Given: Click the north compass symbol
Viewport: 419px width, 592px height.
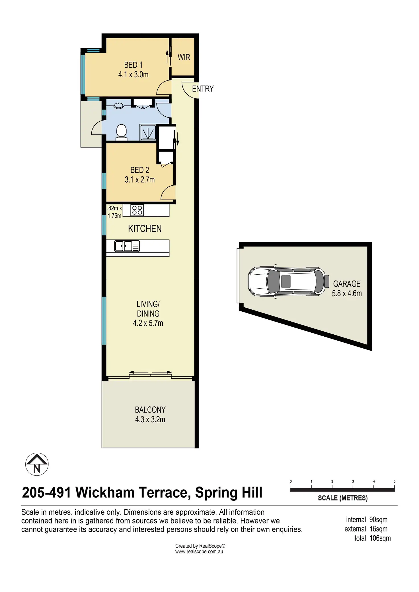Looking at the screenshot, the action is tap(37, 464).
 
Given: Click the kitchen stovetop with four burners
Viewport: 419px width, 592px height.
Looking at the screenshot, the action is tap(137, 210).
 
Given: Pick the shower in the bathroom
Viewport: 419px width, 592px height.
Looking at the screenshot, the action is tap(148, 133).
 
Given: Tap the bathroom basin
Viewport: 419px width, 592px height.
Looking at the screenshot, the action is tap(119, 106).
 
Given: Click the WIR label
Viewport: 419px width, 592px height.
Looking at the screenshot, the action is tap(184, 57).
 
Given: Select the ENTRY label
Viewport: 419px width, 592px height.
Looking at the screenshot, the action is tap(203, 89).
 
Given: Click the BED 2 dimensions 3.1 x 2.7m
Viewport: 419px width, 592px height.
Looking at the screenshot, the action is tap(140, 180).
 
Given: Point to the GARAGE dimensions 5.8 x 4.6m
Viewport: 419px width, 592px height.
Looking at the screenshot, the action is tap(347, 293).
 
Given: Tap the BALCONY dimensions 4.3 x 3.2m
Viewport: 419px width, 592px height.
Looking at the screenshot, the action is tap(150, 419).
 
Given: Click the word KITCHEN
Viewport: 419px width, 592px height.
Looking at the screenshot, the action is tap(145, 229).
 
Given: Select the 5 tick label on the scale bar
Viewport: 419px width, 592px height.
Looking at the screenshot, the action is tap(395, 481).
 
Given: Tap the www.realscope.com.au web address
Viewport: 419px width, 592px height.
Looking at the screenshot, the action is tap(199, 552).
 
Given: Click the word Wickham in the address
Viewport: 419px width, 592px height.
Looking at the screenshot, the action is tap(105, 493).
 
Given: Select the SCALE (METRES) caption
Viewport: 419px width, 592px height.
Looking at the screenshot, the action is tap(343, 498).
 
